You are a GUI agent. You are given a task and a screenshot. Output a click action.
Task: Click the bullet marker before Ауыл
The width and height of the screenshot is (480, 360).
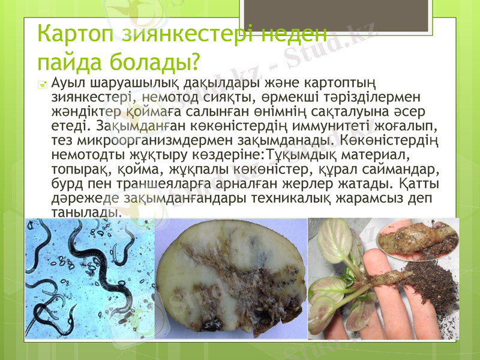(42, 85)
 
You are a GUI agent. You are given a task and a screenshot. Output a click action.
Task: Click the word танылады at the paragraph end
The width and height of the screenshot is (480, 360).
(86, 212)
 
